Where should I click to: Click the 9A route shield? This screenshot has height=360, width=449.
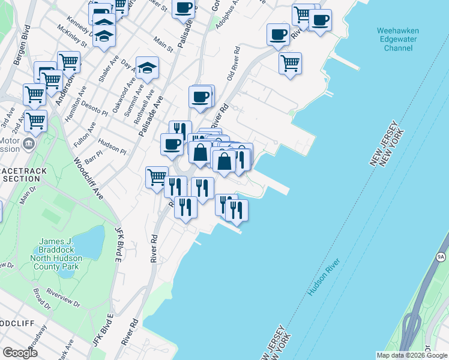441,257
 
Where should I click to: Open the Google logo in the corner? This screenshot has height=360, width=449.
20,353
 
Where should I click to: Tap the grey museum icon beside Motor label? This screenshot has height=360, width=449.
28,144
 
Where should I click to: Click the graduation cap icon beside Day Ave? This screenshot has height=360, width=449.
146,69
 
